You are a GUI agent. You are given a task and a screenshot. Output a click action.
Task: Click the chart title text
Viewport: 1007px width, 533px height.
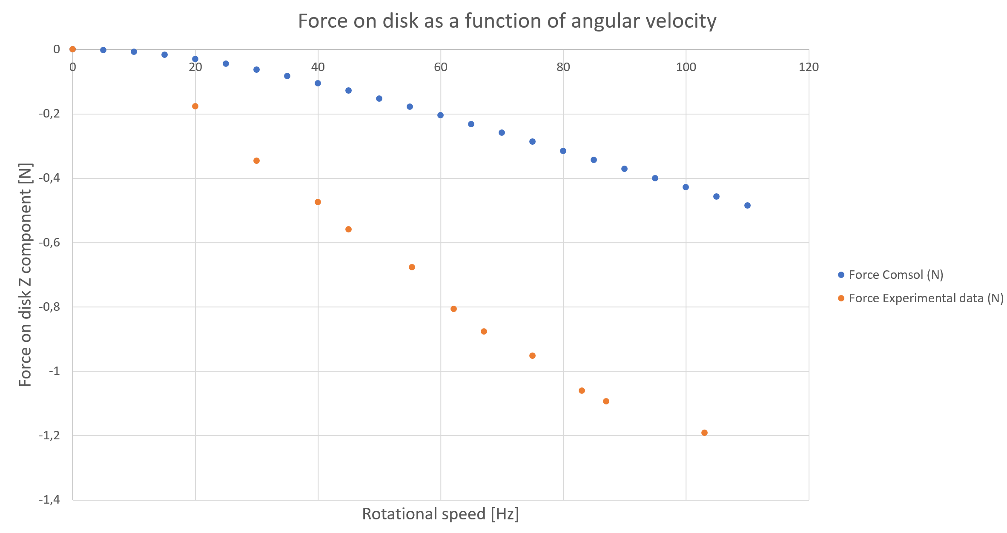coord(507,21)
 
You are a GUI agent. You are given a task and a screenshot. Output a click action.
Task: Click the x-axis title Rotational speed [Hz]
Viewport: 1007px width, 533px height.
coord(440,514)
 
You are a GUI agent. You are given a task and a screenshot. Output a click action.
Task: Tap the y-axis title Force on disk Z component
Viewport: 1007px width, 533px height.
coord(26,275)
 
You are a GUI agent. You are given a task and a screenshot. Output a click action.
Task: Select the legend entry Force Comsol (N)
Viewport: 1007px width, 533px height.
coord(895,275)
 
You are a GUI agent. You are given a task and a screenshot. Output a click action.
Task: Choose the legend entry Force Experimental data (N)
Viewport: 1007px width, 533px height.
coord(926,298)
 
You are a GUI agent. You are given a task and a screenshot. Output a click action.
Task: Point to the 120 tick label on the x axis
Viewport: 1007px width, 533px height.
coord(808,67)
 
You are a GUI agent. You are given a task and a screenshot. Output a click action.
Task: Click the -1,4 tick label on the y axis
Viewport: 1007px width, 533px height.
coord(49,499)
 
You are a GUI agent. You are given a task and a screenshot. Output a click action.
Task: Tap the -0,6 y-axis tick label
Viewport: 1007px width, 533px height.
coord(49,243)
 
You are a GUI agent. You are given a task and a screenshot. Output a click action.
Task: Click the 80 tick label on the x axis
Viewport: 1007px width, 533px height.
coord(563,67)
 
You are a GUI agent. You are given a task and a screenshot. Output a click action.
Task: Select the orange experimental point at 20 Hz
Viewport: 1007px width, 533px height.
coord(195,106)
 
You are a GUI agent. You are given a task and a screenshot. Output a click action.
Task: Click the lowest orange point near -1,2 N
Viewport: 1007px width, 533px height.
coord(704,433)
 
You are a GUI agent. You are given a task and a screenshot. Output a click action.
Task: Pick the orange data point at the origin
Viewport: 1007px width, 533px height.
coord(72,49)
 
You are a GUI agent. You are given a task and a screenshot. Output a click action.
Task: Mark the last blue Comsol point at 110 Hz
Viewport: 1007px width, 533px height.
coord(747,206)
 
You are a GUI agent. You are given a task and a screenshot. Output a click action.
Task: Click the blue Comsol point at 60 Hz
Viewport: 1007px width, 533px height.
coord(440,115)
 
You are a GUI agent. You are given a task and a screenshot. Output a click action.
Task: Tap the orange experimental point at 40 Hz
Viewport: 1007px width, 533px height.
coord(318,202)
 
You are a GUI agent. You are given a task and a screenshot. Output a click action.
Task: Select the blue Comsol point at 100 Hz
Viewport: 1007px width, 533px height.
coord(686,187)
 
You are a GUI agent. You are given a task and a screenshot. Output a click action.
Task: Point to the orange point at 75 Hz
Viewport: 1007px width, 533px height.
coord(532,356)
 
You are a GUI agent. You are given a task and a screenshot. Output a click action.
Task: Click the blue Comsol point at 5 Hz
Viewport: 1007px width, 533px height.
coord(103,50)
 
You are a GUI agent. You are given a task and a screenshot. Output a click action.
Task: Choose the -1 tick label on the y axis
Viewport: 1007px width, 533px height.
coord(54,371)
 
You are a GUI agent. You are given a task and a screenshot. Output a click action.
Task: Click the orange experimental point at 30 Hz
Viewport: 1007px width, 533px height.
coord(256,161)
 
